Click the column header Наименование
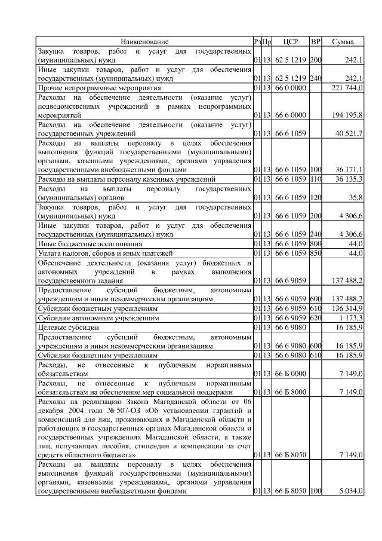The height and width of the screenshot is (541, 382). pyautogui.click(x=144, y=42)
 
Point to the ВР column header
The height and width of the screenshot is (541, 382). pyautogui.click(x=316, y=42)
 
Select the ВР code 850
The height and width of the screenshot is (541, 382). pyautogui.click(x=316, y=253)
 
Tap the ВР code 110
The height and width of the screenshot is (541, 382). pyautogui.click(x=316, y=179)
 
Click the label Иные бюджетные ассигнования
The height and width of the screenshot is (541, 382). pyautogui.click(x=90, y=244)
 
